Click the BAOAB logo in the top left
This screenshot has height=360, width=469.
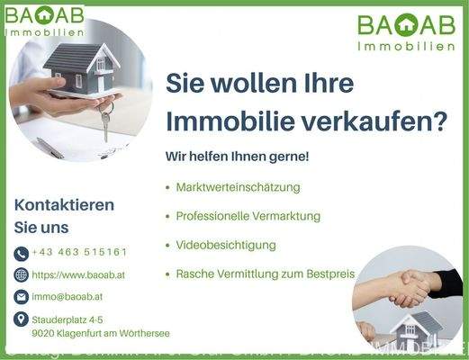[x=46, y=20]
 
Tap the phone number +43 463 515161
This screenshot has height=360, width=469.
[x=79, y=253]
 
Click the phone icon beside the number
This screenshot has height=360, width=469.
[x=22, y=254]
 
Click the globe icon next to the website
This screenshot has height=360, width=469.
[x=22, y=274]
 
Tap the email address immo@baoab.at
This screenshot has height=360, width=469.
[x=68, y=296]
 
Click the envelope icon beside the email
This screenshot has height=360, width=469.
[x=22, y=296]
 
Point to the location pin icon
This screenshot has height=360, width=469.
[x=22, y=319]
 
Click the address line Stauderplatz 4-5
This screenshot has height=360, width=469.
[x=68, y=319]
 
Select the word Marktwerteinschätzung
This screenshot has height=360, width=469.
[x=238, y=187]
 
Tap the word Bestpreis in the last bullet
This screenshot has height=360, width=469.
[x=331, y=274]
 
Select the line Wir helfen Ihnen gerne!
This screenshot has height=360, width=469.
[x=237, y=156]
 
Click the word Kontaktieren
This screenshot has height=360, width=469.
[x=64, y=204]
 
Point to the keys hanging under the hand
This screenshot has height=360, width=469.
[x=105, y=122]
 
